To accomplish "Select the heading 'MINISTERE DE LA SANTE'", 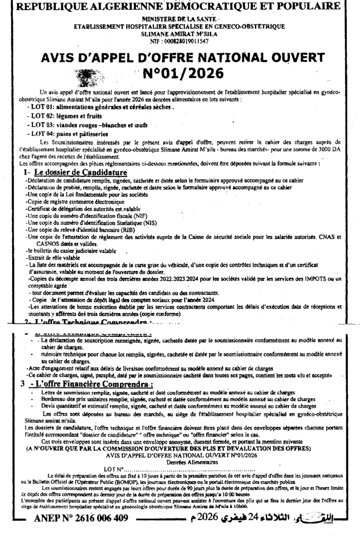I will (x=178, y=18).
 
